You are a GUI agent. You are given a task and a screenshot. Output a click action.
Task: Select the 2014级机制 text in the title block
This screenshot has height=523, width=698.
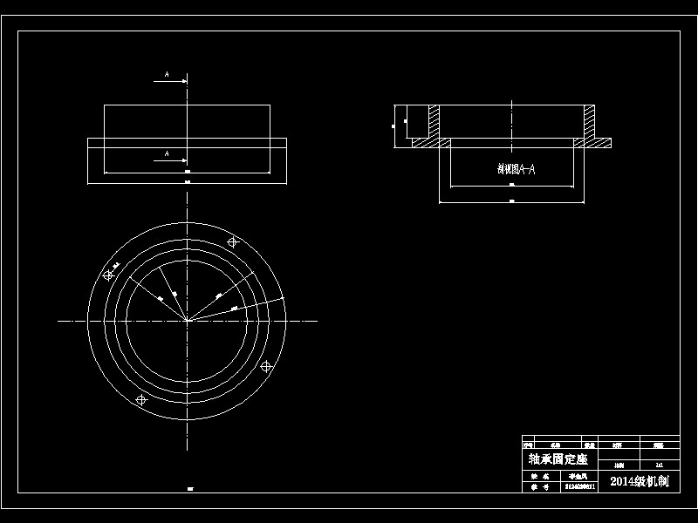pyautogui.click(x=639, y=481)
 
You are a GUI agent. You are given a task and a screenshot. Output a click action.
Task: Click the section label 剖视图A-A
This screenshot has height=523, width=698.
pyautogui.click(x=510, y=170)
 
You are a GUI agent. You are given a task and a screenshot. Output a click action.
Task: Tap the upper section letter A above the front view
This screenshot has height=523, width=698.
pyautogui.click(x=167, y=76)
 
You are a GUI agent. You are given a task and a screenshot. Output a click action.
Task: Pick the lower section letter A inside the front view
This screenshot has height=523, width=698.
pyautogui.click(x=167, y=154)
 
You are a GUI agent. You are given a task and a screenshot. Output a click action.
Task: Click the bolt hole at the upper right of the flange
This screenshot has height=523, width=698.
pyautogui.click(x=232, y=242)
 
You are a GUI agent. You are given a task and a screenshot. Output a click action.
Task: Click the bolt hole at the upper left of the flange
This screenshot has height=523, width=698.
pyautogui.click(x=108, y=275)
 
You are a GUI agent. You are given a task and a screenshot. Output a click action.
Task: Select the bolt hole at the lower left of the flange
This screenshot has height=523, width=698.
pyautogui.click(x=141, y=399)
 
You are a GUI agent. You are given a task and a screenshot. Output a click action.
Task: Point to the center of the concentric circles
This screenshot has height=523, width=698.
pyautogui.click(x=187, y=321)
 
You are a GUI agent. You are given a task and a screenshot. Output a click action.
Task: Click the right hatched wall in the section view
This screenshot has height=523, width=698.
pyautogui.click(x=590, y=121)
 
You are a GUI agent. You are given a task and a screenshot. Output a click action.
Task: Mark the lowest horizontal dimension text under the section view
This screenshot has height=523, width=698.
pyautogui.click(x=511, y=200)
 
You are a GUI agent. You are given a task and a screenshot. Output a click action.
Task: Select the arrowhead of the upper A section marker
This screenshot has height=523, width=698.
pyautogui.click(x=184, y=82)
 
